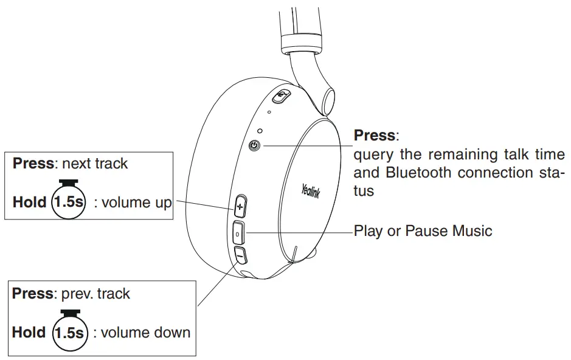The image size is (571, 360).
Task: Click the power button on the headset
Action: [x=255, y=145]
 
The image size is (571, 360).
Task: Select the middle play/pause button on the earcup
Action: [x=238, y=233]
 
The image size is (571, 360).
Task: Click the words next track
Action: [x=95, y=163]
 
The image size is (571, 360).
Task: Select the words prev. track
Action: [x=96, y=294]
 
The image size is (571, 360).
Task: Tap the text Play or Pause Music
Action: [x=423, y=231]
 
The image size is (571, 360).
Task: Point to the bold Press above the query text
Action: [x=375, y=135]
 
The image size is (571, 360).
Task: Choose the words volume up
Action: [x=136, y=202]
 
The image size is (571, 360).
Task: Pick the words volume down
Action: [x=146, y=333]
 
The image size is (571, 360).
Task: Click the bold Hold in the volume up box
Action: [x=29, y=202]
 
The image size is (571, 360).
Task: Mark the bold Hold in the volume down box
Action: [x=29, y=333]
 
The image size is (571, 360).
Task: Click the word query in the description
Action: [x=373, y=154]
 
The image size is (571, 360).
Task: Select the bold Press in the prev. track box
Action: [x=33, y=294]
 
